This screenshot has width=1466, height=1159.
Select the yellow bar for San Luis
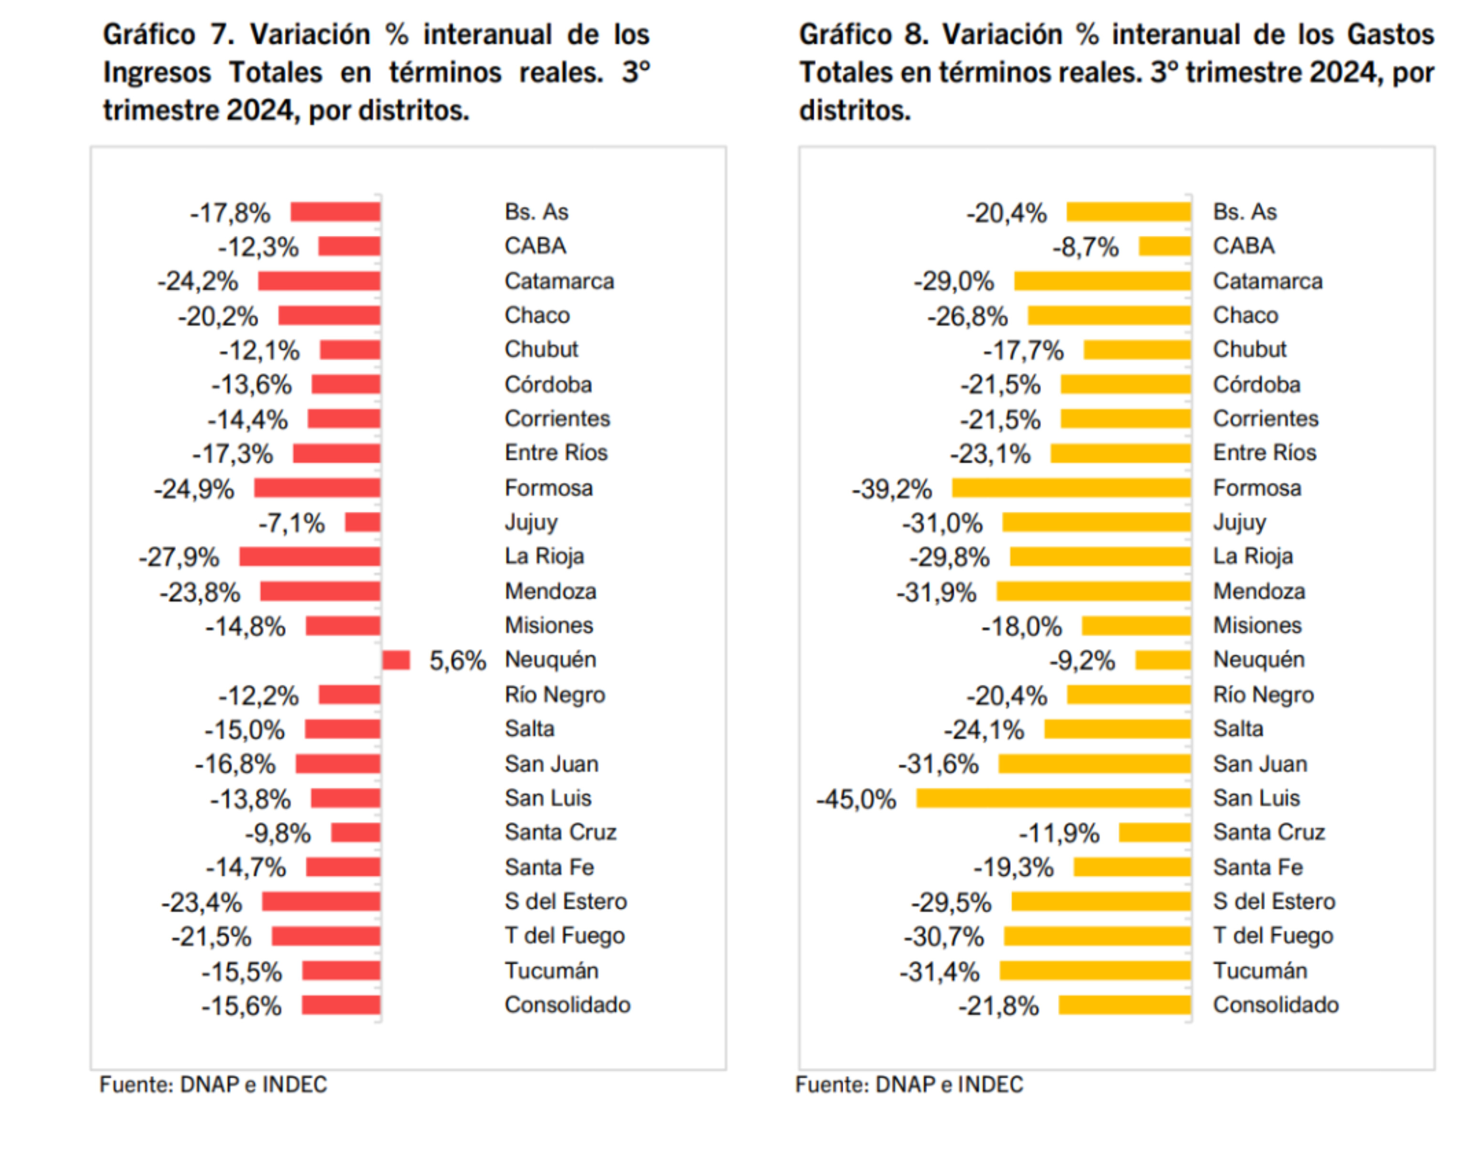1053,799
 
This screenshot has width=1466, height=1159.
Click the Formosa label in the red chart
548,488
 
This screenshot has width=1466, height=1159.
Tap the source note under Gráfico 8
909,1085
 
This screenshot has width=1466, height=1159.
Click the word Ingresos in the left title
157,73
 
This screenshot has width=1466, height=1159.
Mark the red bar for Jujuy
362,522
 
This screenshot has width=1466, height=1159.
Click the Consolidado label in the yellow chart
1275,1005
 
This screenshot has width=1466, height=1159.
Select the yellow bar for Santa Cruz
1154,833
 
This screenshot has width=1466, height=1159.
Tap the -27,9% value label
179,558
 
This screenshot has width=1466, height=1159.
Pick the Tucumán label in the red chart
551,971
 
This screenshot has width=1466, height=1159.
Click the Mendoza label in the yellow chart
1259,592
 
